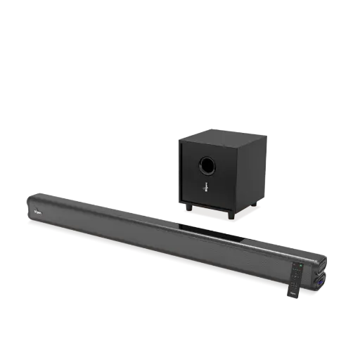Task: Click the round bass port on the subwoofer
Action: (207, 166)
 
